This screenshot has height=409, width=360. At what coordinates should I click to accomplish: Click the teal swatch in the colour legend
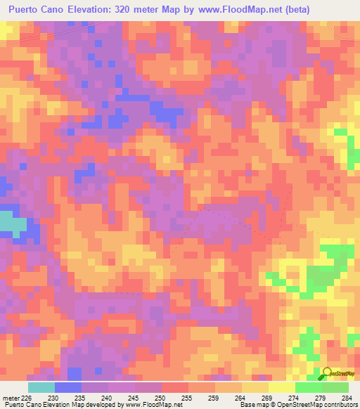pyautogui.click(x=41, y=387)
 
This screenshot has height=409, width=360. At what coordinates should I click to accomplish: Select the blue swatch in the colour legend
pyautogui.click(x=68, y=387)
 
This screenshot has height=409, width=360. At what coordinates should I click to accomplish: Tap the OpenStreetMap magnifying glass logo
pyautogui.click(x=327, y=375)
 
